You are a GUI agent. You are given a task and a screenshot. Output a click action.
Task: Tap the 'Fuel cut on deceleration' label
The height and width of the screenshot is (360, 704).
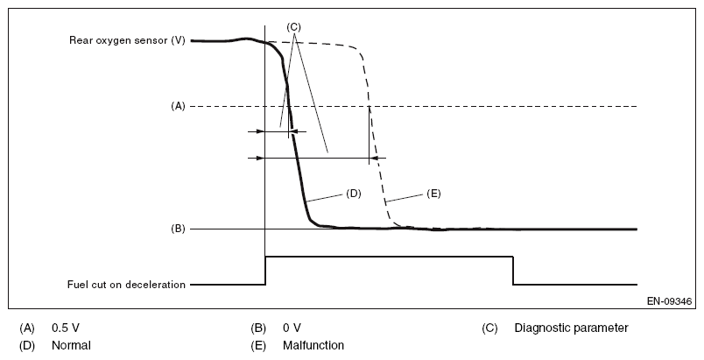pos(127,285)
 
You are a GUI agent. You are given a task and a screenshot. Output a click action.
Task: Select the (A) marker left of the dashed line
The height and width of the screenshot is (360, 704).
pos(178,106)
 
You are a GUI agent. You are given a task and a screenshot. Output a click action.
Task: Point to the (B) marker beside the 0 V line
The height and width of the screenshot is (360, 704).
pos(178,229)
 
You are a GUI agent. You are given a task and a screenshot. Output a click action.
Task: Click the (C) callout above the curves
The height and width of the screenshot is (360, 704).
pos(294,27)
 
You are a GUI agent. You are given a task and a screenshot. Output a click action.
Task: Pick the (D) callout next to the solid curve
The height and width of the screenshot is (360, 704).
pos(353,194)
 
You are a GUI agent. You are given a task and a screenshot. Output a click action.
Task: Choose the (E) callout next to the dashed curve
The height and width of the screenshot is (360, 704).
pos(433,194)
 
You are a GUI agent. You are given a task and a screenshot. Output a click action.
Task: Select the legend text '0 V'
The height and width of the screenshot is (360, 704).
pos(292,328)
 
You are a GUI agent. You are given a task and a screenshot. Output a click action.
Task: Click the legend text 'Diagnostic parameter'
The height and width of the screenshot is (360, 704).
pos(571,328)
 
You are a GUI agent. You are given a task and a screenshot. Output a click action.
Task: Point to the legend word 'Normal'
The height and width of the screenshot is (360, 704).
pos(70,345)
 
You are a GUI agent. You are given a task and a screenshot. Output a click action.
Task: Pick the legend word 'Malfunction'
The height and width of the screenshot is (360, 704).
pos(313,345)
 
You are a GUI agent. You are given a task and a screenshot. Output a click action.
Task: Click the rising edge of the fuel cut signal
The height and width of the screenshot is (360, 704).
pos(264,271)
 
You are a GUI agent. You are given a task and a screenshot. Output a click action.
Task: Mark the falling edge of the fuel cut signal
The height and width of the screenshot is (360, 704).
pos(513,271)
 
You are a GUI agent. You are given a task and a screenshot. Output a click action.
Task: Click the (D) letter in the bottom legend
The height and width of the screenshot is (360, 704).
pos(27,345)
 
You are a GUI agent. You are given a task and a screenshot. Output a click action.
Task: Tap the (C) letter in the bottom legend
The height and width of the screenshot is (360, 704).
pos(489,328)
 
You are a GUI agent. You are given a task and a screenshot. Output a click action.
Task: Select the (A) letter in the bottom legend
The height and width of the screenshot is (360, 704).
pos(27,328)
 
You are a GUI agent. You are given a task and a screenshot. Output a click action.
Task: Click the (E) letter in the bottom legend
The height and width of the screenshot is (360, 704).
pos(258,345)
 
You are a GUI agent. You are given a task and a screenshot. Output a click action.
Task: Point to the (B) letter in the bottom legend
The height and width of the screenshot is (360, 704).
pos(258,328)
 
